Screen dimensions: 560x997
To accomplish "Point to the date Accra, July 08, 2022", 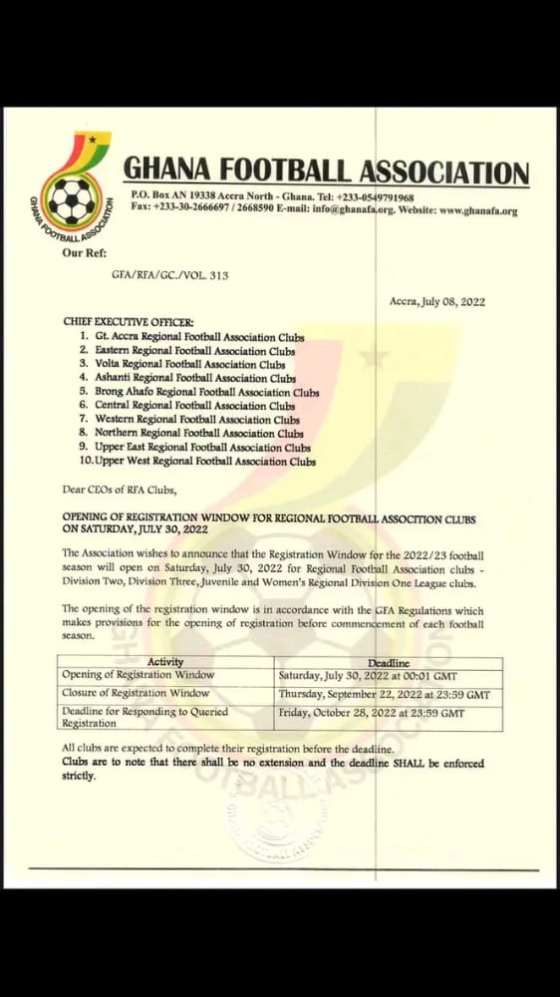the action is (x=435, y=301).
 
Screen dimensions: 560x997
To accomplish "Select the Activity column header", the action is (x=165, y=662).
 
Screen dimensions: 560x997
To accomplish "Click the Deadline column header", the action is (x=389, y=662).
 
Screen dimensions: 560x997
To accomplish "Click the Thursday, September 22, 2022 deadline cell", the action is (x=384, y=693).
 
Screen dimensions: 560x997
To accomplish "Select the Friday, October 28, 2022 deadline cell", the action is (x=371, y=713).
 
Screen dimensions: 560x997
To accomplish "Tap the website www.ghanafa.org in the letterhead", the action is (x=477, y=210).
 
